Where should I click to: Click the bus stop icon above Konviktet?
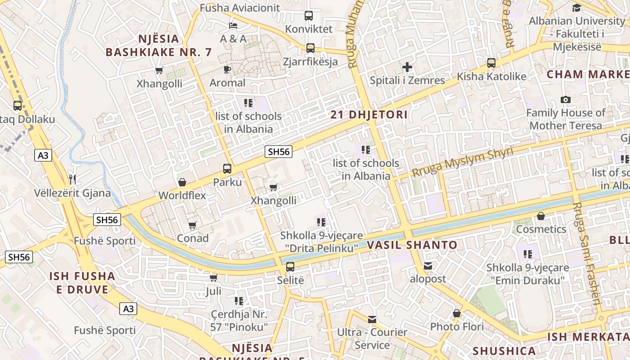pos(309,16)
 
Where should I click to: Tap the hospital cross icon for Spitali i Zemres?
pos(407,67)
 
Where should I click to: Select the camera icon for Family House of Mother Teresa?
pos(566,99)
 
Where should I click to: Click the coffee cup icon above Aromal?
pos(227,69)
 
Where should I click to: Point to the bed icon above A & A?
pos(233,25)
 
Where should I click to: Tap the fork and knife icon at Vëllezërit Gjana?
pos(72,180)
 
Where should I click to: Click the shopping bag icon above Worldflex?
pos(182,182)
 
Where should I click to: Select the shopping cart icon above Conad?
pos(193,225)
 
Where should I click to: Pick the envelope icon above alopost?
pos(427,266)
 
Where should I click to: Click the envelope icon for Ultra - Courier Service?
pos(372,319)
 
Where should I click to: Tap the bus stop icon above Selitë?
pos(290,267)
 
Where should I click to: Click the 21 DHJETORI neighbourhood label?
pos(369,115)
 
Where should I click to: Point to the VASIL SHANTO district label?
pos(412,245)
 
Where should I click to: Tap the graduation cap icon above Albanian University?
pos(576,8)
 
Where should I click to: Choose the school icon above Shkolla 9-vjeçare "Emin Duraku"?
pos(528,254)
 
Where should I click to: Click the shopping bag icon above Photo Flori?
pos(457,313)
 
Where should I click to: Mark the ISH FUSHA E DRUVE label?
pos(82,283)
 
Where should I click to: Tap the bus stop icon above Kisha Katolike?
pos(491,63)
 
